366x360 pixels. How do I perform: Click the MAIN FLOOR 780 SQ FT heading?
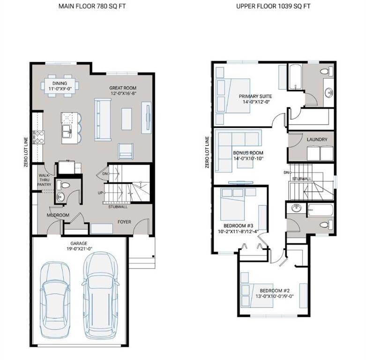coord(92,7)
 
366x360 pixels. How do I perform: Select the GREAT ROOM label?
coord(123,88)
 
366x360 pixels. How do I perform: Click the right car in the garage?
coord(100,295)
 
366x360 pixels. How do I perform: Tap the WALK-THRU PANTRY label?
coord(45,180)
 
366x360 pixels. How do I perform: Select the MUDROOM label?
coord(58,216)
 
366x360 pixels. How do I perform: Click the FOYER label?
coord(124,222)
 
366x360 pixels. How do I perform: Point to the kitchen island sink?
coord(67,128)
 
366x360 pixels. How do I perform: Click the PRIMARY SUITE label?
coord(255,97)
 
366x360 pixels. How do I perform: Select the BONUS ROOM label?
coord(248,153)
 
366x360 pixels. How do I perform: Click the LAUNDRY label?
coord(317,140)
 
